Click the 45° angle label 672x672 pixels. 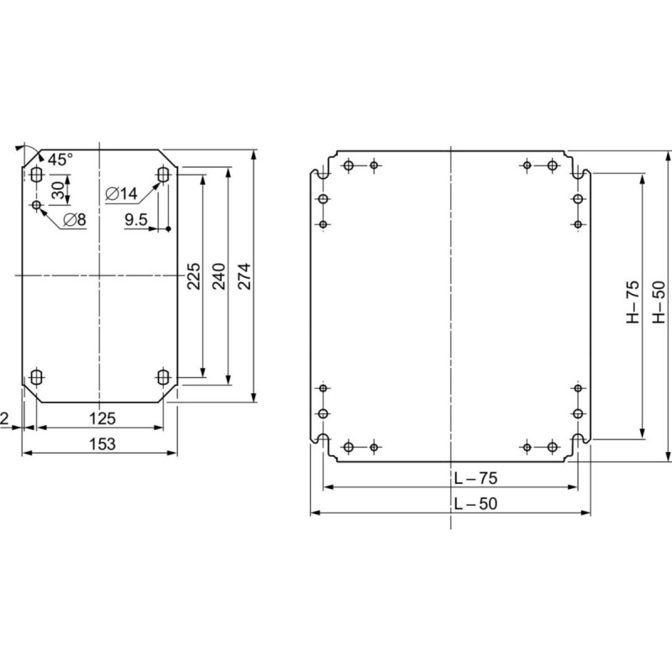pos(60,159)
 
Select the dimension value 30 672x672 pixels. pos(57,190)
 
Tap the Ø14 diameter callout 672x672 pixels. pos(122,194)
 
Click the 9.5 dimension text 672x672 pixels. pos(135,220)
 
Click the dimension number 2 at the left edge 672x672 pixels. pos(6,417)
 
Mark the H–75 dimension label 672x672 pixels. pos(634,304)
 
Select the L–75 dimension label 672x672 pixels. pos(475,478)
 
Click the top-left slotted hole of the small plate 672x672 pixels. pos(36,175)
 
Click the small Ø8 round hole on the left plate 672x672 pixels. pos(36,204)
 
